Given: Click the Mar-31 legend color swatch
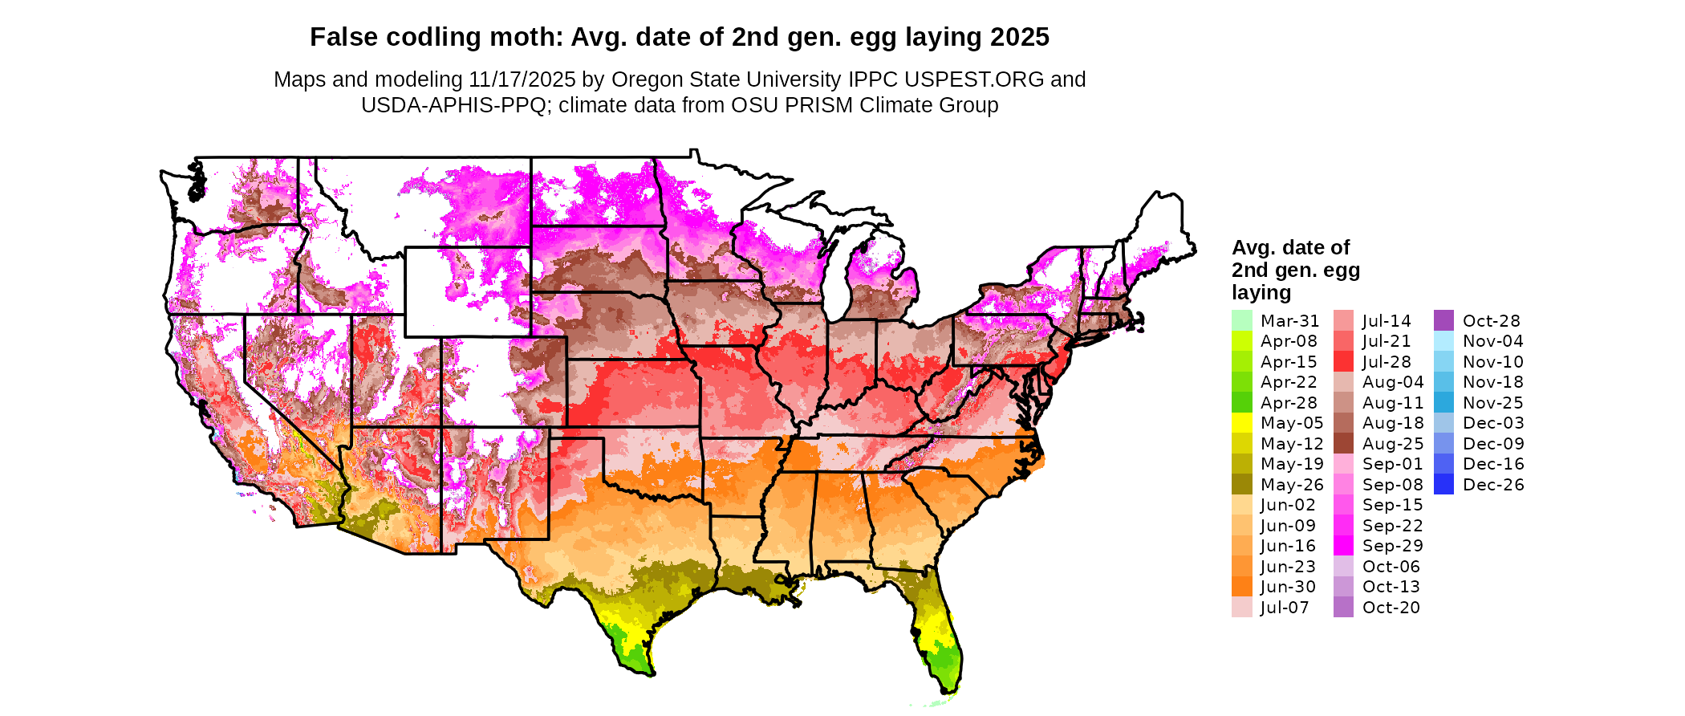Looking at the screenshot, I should click(x=1241, y=320).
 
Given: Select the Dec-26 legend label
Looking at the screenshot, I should click(x=1492, y=485).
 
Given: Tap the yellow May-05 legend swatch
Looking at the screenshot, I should click(x=1241, y=423).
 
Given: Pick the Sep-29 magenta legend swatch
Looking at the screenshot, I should click(x=1343, y=546).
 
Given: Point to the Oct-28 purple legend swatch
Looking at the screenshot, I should click(x=1443, y=320).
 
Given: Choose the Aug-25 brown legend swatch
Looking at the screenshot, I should click(x=1343, y=444).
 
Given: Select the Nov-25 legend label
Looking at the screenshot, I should click(x=1492, y=403).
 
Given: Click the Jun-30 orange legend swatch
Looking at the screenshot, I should click(x=1241, y=587).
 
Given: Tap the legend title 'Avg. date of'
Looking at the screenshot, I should click(x=1290, y=247).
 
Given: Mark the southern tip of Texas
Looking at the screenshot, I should click(x=634, y=662).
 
